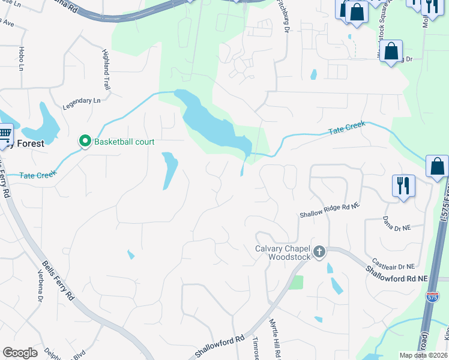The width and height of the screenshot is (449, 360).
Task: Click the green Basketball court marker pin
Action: coord(85,142)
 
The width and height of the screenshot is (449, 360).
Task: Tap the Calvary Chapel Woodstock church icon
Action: coord(319,252)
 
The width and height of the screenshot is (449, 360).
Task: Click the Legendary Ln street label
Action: coord(82,101)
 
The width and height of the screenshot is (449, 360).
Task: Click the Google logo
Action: coord(20,352)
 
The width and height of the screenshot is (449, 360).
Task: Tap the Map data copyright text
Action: coord(423,355)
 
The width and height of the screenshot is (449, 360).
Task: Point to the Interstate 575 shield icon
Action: coord(432,296)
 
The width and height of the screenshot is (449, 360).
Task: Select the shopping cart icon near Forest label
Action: coord(5,133)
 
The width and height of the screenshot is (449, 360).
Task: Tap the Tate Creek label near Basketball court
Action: coord(38,175)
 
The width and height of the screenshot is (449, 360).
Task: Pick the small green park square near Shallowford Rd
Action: coord(295,282)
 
